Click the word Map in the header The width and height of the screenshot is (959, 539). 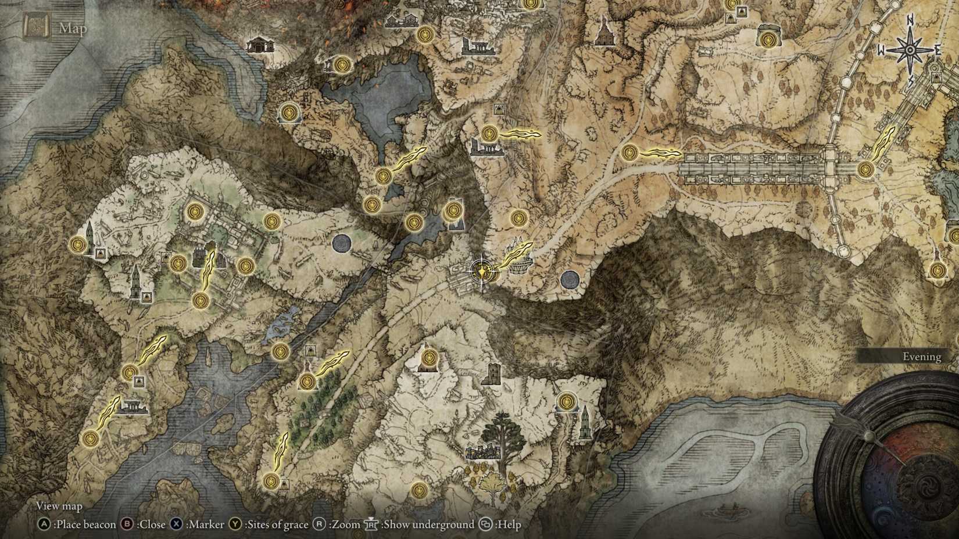click(73, 28)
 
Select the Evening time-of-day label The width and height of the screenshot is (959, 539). click(921, 357)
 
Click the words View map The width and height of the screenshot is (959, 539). click(59, 506)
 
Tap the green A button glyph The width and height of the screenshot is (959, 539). click(44, 524)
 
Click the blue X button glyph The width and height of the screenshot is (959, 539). click(176, 524)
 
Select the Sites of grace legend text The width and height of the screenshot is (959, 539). click(277, 524)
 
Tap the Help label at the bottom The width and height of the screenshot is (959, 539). click(509, 524)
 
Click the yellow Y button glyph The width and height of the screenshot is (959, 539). click(234, 524)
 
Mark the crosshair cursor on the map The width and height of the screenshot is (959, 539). click(482, 271)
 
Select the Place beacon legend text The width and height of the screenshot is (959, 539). click(85, 524)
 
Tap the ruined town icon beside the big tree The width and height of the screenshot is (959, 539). click(482, 451)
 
